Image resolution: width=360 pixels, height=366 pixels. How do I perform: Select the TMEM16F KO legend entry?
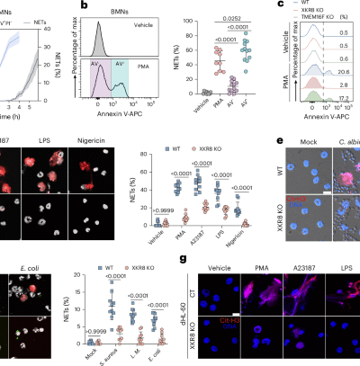327,28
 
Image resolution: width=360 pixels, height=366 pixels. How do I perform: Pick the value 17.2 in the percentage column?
346,120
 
